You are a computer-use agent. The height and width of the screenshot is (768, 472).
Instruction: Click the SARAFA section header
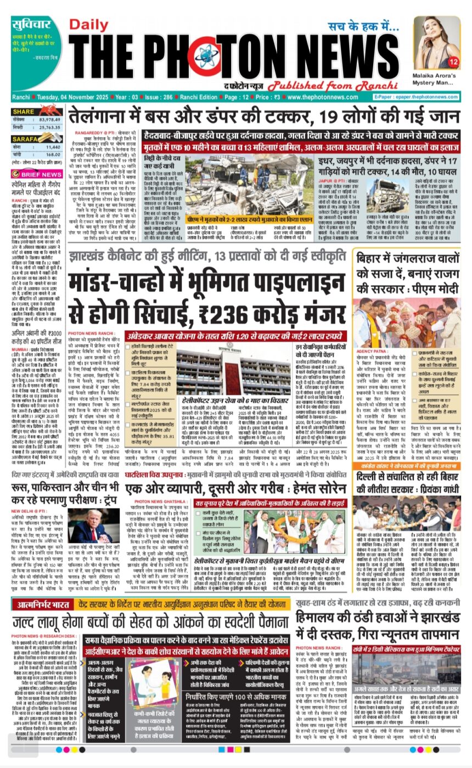point(26,139)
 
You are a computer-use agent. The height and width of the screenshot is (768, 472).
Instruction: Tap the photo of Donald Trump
point(87,524)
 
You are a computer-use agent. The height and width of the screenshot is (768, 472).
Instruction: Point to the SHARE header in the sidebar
point(24,111)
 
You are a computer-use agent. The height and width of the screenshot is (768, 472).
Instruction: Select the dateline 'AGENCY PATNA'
point(373,351)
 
